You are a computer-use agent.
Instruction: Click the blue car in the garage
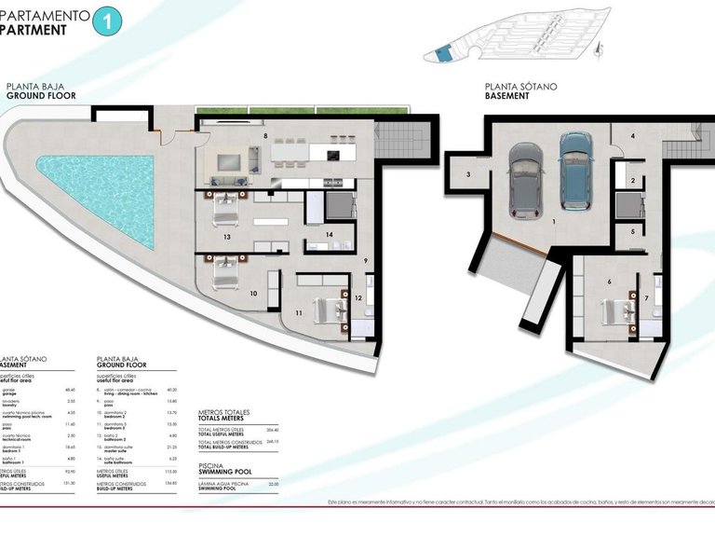575,169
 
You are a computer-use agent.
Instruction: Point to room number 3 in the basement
468,174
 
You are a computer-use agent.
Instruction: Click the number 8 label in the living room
265,136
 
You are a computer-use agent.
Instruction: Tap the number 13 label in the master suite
226,238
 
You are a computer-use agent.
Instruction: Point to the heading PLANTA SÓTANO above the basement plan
520,86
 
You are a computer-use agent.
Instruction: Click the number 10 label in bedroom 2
253,294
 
